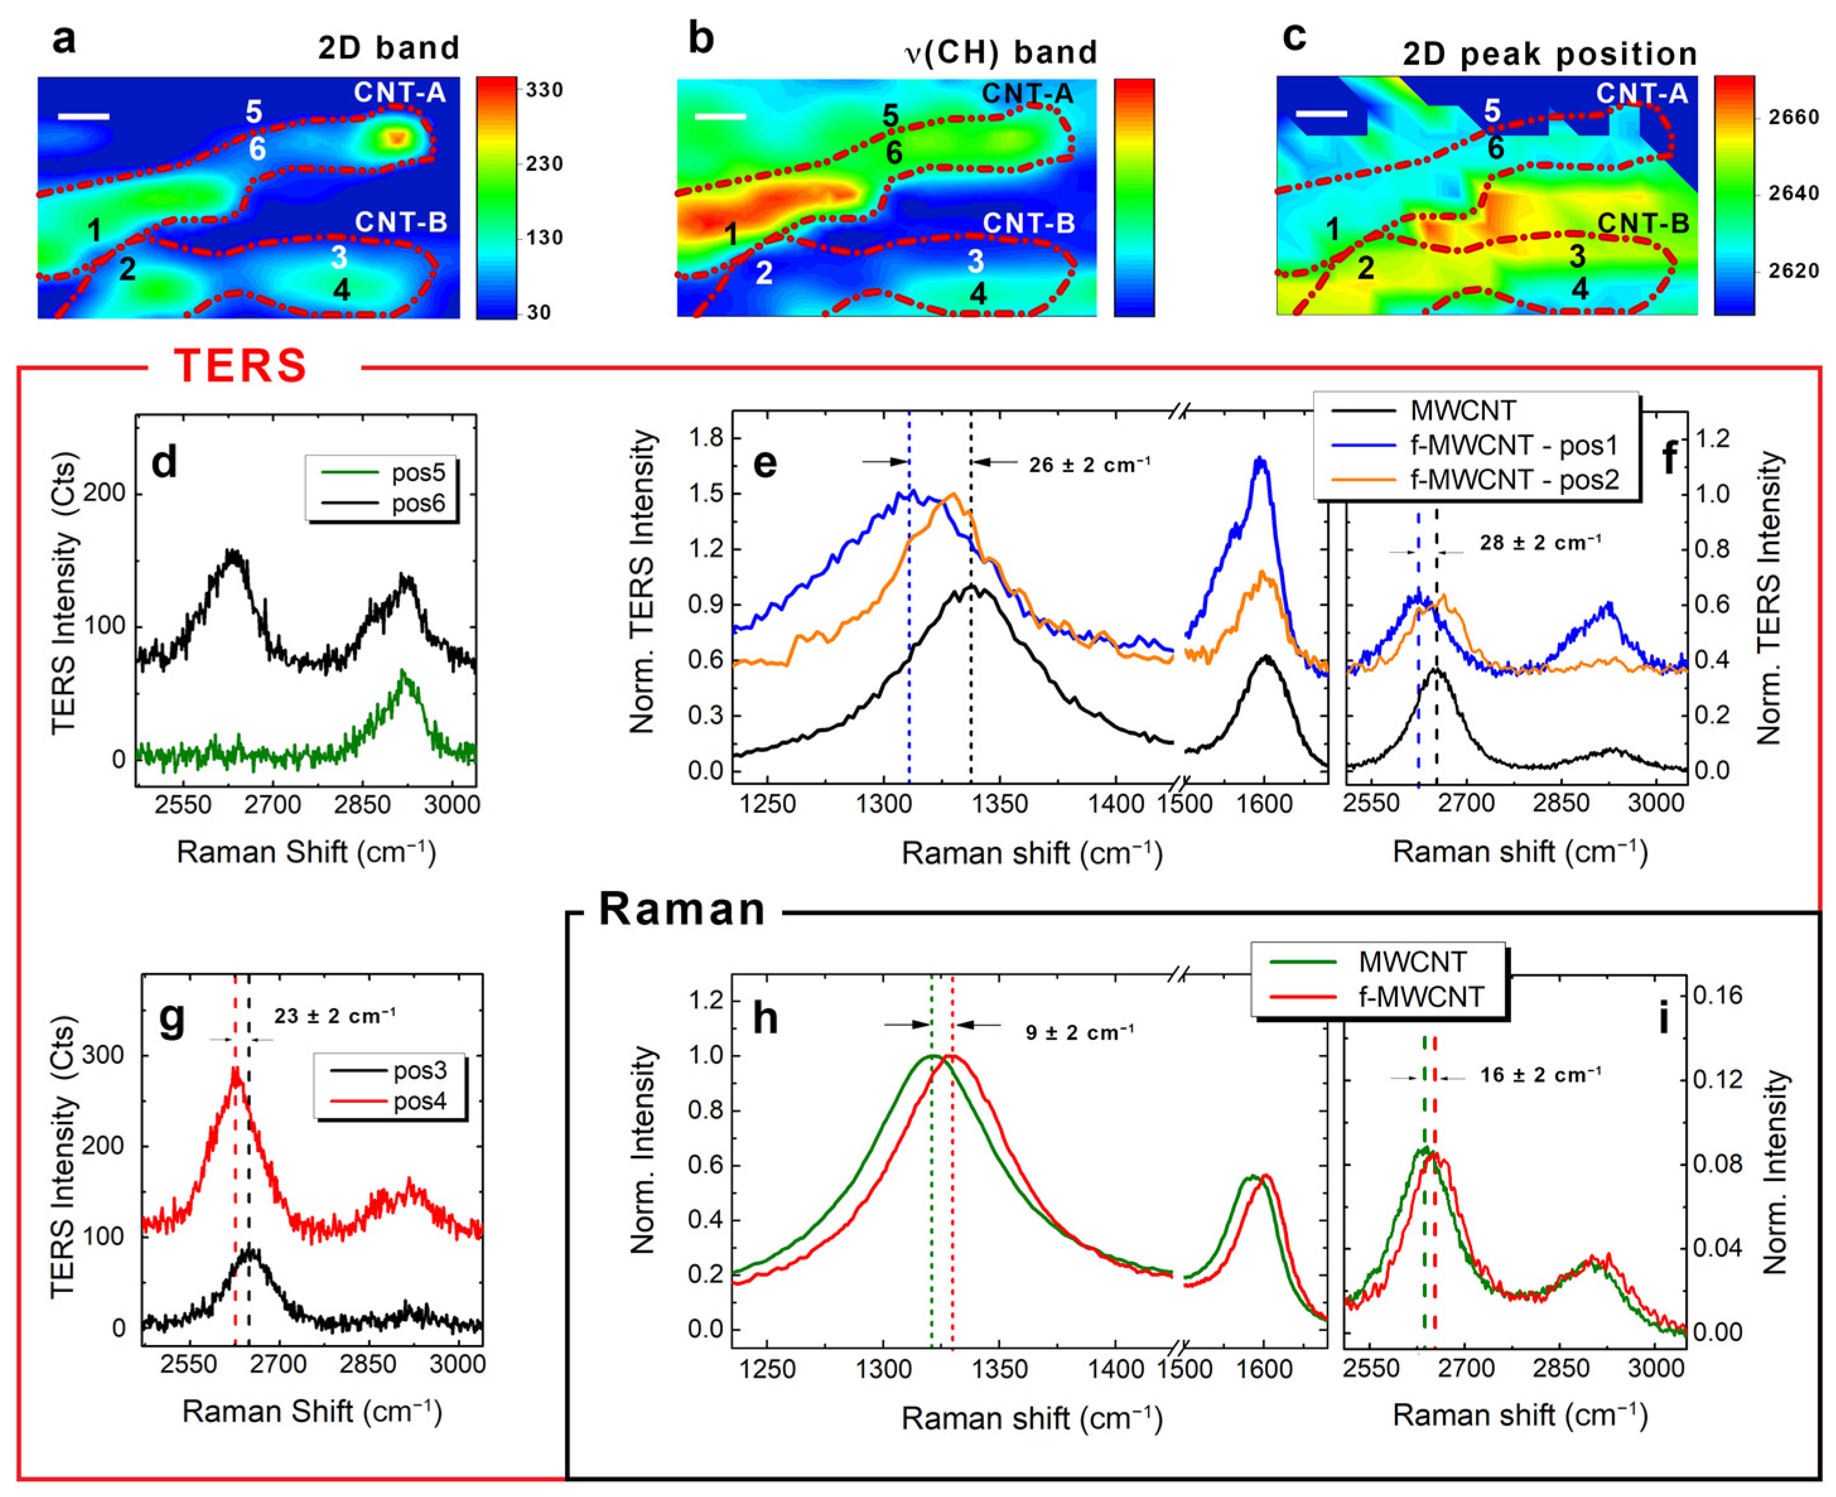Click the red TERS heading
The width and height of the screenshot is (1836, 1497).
pyautogui.click(x=240, y=366)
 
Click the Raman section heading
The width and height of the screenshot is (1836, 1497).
pyautogui.click(x=681, y=910)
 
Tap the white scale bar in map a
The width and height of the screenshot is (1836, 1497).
pyautogui.click(x=85, y=115)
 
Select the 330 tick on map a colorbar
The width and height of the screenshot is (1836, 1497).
pyautogui.click(x=544, y=90)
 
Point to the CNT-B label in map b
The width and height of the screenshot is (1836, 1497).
pyautogui.click(x=1028, y=223)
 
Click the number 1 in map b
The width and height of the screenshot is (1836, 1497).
pyautogui.click(x=731, y=234)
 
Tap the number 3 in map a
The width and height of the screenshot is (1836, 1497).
pyautogui.click(x=339, y=257)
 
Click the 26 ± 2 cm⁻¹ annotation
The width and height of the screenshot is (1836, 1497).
pyautogui.click(x=1089, y=465)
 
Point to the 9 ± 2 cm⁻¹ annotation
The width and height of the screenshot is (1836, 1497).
pyautogui.click(x=1079, y=1032)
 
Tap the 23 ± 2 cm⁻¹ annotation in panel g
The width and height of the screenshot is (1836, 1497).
pyautogui.click(x=335, y=1016)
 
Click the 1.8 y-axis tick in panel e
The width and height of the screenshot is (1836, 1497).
pyautogui.click(x=705, y=438)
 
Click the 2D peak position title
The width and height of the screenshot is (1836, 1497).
pyautogui.click(x=1550, y=54)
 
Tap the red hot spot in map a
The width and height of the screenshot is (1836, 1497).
pyautogui.click(x=396, y=137)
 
